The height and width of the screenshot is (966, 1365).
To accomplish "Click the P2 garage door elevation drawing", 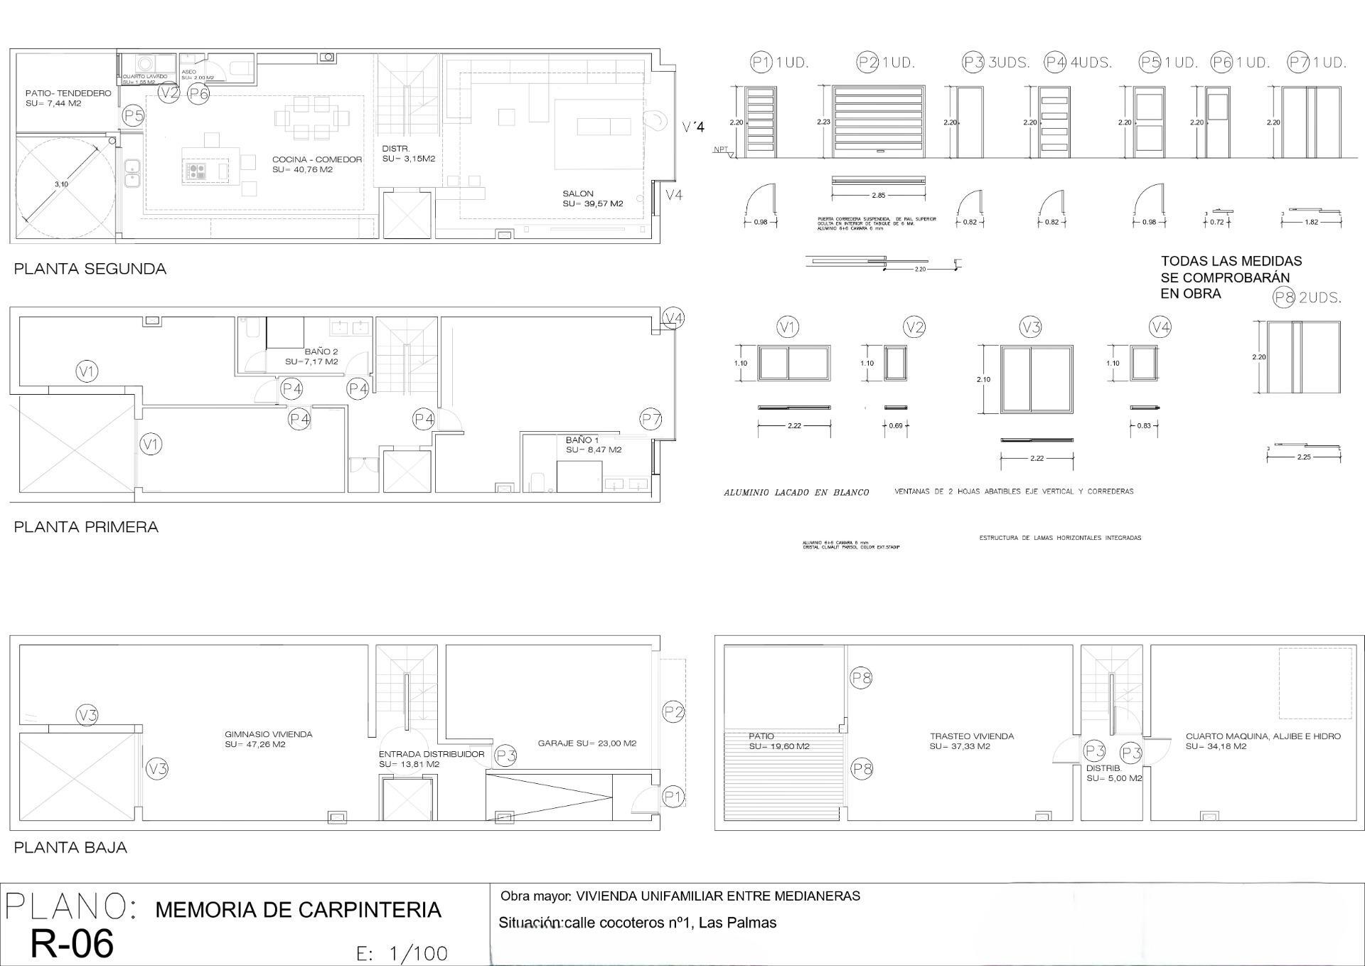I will point(879,122).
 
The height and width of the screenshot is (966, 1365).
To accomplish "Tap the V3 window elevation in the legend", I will point(1037,379).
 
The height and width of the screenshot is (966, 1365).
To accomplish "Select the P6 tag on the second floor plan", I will point(198,93).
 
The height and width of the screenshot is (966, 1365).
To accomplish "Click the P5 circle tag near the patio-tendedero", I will point(133,115).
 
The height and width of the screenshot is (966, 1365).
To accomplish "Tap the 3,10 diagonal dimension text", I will point(61,184).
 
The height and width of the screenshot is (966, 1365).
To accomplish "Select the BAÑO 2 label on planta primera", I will point(321,351).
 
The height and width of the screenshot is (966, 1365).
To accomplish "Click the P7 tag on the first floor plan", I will point(651,420).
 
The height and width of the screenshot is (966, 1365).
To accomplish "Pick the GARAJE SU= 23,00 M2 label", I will point(587,743).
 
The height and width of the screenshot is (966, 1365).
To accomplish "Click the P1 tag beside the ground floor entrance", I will point(673,797).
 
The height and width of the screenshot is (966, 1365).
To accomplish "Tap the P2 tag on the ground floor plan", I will point(673,711).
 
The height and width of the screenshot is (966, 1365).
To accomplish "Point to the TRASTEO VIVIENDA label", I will point(971,736).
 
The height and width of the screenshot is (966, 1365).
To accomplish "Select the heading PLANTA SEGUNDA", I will point(90,269).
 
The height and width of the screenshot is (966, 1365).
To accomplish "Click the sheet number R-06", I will point(72,944).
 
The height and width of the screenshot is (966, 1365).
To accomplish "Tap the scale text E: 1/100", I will point(402,953).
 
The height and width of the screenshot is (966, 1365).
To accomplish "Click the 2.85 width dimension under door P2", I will point(878,195).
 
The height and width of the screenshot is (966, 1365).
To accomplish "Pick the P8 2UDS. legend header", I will point(1307,298).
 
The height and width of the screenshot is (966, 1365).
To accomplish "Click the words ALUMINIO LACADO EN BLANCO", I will point(796,492).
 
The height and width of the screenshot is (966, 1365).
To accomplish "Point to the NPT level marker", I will point(722,150).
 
